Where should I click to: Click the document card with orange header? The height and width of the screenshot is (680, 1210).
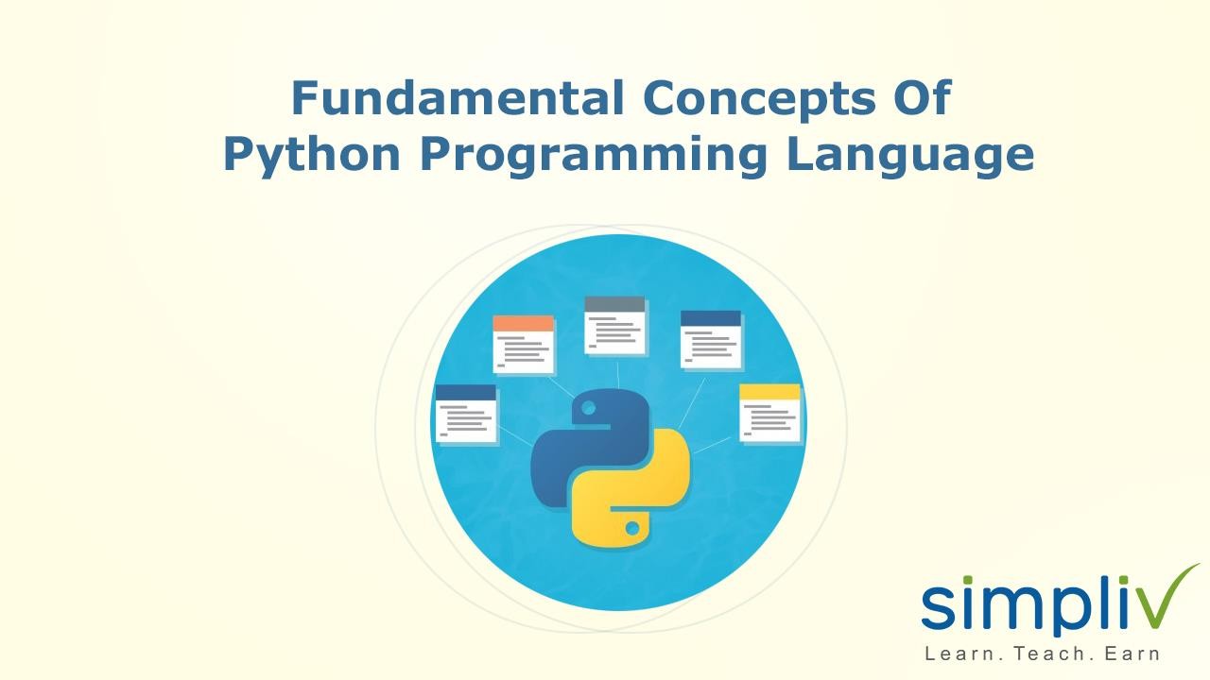point(524,345)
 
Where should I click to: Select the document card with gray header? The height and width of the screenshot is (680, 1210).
point(615,326)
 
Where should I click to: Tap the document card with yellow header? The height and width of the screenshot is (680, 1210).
point(769,414)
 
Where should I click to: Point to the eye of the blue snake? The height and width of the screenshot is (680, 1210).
point(589,409)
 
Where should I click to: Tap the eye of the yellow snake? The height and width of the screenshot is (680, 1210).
point(631,528)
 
